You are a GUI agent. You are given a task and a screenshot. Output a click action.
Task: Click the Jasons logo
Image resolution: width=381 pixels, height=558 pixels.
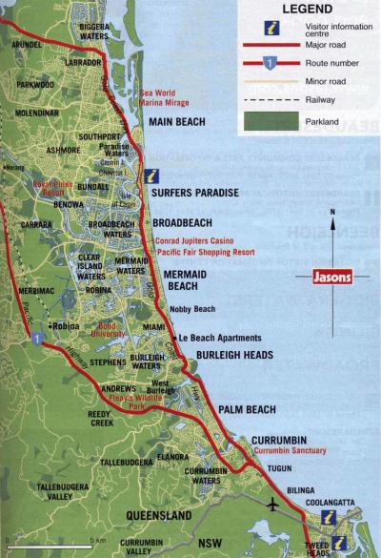click(330, 278)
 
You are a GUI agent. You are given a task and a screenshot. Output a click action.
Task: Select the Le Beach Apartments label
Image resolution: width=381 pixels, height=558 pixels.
click(219, 338)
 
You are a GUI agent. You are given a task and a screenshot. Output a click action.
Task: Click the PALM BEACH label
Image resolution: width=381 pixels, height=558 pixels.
click(248, 410)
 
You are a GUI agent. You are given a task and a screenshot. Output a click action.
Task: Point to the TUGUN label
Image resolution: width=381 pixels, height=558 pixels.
click(279, 469)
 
